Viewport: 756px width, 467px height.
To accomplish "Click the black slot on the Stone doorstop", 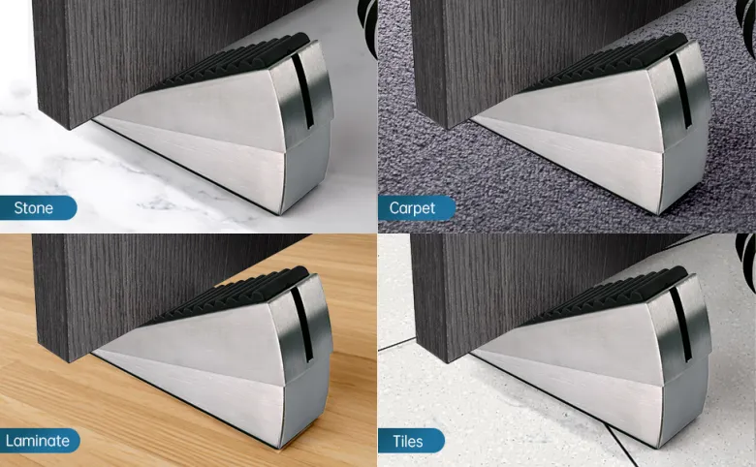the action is tap(302, 92).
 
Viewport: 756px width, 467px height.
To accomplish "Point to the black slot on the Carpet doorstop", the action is tap(680, 92).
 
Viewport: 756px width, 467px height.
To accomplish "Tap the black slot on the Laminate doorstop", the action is tap(302, 325).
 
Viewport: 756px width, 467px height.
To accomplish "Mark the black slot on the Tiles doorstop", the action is tap(680, 325).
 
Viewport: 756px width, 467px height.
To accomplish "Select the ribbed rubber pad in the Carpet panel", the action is tap(608, 63).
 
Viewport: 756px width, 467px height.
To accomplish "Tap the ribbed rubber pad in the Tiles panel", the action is tap(608, 296).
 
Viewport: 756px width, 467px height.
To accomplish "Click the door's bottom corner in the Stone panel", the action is tap(71, 129).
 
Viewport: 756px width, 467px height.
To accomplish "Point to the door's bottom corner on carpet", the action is tap(449, 129).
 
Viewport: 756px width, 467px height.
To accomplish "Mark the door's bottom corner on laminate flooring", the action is tap(71, 362).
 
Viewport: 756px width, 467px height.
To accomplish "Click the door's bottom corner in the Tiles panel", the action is tap(449, 362).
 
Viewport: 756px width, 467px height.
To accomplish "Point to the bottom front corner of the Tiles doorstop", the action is tap(660, 448).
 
